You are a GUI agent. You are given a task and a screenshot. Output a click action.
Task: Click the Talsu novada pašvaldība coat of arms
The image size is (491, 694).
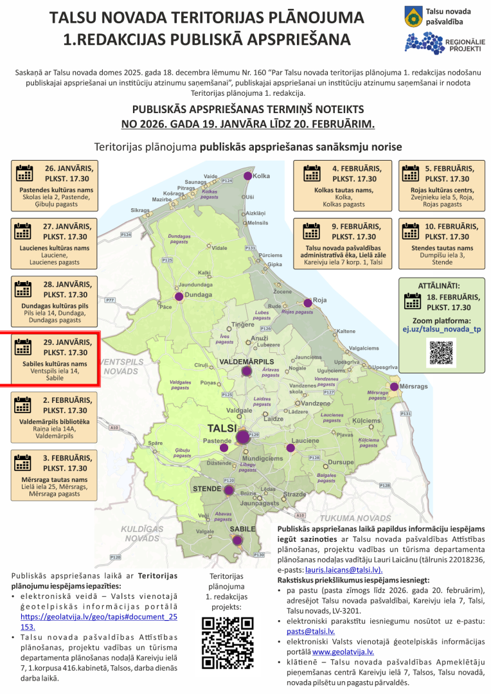tap(414, 17)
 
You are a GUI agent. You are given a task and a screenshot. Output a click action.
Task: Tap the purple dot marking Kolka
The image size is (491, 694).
tap(247, 176)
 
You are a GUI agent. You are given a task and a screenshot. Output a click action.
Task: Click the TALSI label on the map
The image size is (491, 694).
tap(223, 428)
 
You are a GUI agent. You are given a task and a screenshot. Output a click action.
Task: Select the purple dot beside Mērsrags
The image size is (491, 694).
tap(393, 387)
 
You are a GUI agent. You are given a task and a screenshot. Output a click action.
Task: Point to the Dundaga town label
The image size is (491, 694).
tap(198, 295)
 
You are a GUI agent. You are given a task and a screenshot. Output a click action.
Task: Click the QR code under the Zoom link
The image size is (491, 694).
tap(442, 353)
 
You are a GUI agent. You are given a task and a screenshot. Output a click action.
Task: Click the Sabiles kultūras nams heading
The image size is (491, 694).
tap(55, 364)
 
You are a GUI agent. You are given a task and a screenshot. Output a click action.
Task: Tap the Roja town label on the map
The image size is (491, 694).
tap(320, 300)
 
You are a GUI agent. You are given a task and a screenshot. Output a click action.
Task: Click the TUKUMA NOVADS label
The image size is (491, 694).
tap(355, 518)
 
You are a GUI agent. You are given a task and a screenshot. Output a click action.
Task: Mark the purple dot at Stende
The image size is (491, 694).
tap(229, 490)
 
